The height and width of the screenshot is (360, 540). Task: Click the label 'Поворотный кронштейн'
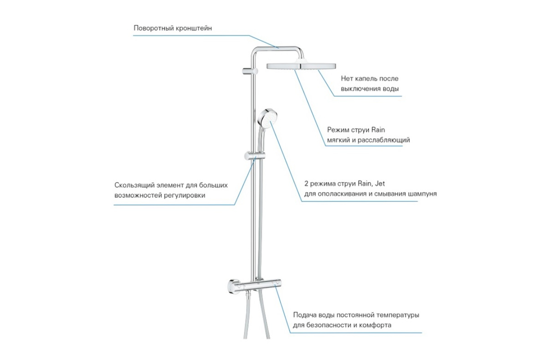[x=173, y=28]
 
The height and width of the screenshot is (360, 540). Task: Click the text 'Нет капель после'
[x=369, y=79]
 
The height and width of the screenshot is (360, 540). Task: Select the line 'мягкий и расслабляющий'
[x=369, y=140]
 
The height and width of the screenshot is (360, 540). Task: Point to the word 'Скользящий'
[x=134, y=185]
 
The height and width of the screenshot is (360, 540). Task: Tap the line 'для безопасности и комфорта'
[x=342, y=325]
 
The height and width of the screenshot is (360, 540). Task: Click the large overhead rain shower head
[x=301, y=66]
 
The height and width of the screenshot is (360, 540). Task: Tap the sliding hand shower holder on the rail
[x=255, y=155]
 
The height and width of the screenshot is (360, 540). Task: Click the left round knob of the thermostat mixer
[x=234, y=287]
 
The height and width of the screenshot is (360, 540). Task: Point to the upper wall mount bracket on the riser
[x=249, y=71]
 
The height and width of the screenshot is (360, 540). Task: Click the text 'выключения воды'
[x=370, y=89]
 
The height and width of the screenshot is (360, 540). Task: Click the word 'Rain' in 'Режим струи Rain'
[x=378, y=130]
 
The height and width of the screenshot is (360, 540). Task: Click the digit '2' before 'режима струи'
[x=306, y=184]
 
